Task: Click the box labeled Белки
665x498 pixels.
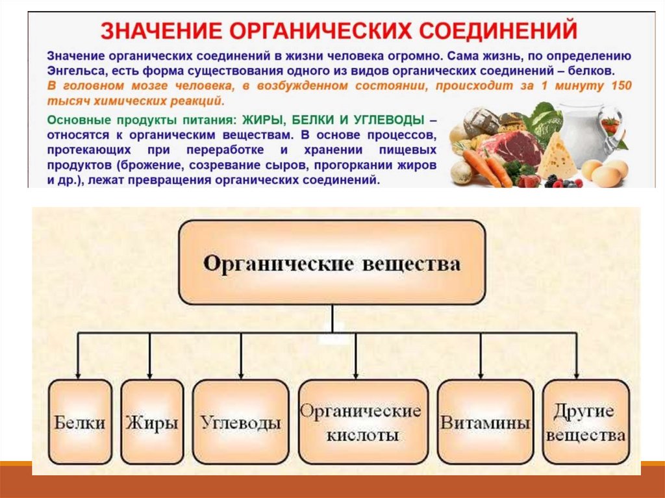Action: (x=80, y=422)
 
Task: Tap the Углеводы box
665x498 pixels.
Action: (x=241, y=422)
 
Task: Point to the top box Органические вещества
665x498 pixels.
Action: (x=332, y=262)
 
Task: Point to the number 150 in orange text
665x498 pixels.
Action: (x=620, y=86)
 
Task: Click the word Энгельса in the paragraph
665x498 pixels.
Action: (x=74, y=69)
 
